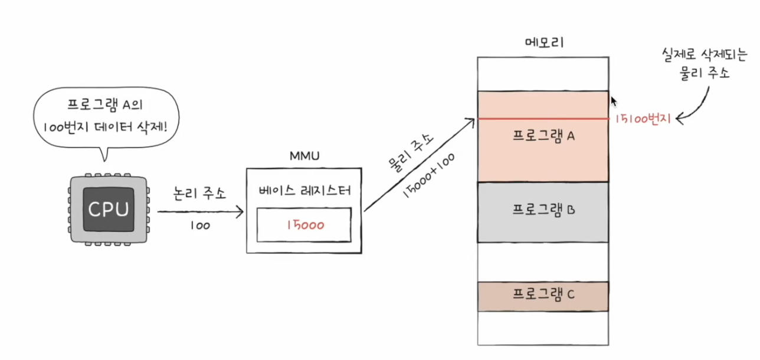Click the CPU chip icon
point(108,209)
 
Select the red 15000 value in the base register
point(304,225)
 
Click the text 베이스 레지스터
point(304,191)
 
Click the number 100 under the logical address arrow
point(200,225)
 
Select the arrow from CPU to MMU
point(201,211)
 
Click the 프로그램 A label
point(543,135)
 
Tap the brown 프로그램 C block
point(543,296)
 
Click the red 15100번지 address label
point(643,119)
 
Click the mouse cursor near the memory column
point(614,101)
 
